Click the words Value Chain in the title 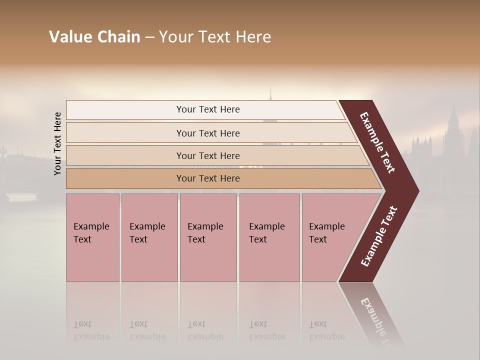click(94, 37)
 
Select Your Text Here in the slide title click(215, 37)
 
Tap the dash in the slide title click(149, 37)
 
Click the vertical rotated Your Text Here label click(57, 144)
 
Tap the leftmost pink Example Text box click(92, 237)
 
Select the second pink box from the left click(149, 237)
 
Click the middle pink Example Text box click(208, 237)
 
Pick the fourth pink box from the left click(269, 237)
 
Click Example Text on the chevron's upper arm click(377, 142)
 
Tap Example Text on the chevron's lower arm click(379, 236)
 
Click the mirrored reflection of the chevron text click(377, 320)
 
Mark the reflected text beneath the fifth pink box click(326, 330)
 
